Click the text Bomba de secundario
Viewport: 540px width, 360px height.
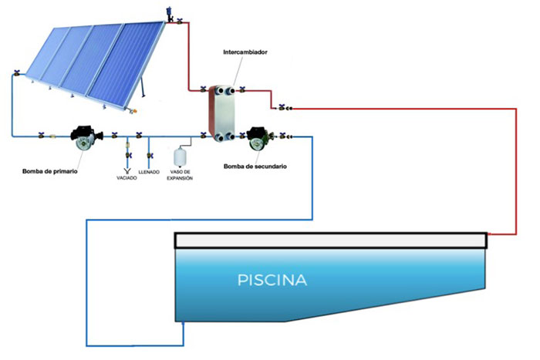point(249,166)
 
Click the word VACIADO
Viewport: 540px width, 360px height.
point(127,178)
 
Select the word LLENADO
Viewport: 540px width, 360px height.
point(149,172)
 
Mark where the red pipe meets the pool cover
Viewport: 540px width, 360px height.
point(488,234)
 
